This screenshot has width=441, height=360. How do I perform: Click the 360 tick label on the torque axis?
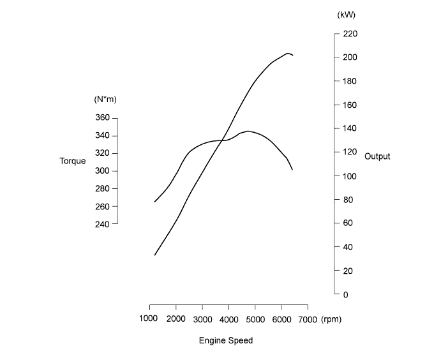pos(102,118)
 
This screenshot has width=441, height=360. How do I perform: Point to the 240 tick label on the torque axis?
pos(102,224)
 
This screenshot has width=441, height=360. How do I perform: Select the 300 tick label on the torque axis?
pos(102,171)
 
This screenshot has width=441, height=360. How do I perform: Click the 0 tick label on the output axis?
pos(345,295)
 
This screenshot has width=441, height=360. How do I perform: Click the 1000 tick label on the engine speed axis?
pos(149,319)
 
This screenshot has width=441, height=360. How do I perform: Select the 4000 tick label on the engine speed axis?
pos(228,319)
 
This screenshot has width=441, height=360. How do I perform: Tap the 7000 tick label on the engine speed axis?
pos(308,319)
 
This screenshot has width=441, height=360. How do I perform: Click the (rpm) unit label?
pos(331,319)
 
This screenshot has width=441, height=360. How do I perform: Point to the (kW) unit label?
pos(347,15)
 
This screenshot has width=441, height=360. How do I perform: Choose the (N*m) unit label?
pos(105,100)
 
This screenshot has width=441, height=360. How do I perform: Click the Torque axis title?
pos(73,161)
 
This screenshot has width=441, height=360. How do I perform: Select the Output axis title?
pos(377,156)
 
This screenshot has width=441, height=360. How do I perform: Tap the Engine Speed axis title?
pos(226,341)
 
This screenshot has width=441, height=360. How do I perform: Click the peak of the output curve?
pos(288,53)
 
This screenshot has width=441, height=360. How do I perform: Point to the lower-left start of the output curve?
pos(154,255)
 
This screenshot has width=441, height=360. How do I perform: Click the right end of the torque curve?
pos(292,170)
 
